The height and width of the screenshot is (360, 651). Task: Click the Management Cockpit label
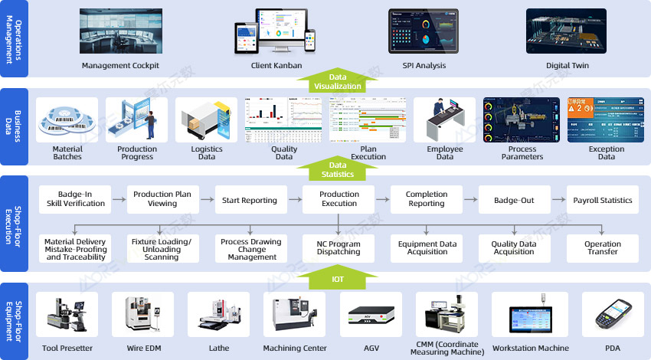pyautogui.click(x=120, y=66)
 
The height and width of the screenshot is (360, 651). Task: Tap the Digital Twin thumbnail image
pyautogui.click(x=567, y=31)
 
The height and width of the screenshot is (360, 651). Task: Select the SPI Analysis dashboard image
pyautogui.click(x=424, y=31)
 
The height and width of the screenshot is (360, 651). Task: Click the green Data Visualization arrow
pyautogui.click(x=339, y=80)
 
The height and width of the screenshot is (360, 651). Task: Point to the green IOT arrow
pyautogui.click(x=339, y=277)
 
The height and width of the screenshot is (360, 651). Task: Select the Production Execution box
pyautogui.click(x=339, y=199)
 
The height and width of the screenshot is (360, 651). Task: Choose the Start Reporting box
pyautogui.click(x=250, y=200)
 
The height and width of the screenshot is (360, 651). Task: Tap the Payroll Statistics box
pyautogui.click(x=603, y=200)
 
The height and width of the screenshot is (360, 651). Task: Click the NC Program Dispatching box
pyautogui.click(x=339, y=247)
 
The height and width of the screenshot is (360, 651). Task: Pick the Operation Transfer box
pyautogui.click(x=603, y=247)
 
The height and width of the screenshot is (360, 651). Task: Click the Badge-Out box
pyautogui.click(x=514, y=200)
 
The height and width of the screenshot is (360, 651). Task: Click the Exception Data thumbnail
pyautogui.click(x=607, y=120)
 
